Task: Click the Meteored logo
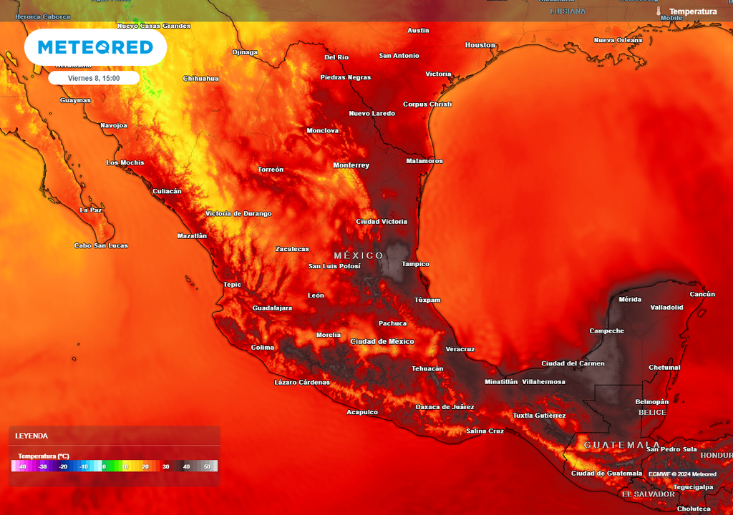coord(95,47)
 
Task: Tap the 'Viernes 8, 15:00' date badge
coord(94,77)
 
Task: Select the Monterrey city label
coord(351,165)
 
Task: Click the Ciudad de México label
coord(382,341)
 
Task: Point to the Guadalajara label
coord(272,308)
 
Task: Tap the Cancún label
coord(702,294)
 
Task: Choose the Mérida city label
coord(630,299)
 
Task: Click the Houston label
coord(480,45)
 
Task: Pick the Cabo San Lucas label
coord(101,245)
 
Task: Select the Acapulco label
coord(361,412)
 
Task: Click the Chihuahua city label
coord(200,78)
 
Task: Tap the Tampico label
coord(415,264)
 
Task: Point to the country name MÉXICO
coord(359,255)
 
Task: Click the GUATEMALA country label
coord(621,445)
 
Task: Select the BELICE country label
coord(652,412)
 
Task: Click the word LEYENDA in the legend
coord(31,436)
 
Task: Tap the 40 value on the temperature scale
coord(186,466)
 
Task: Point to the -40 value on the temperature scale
coord(22,466)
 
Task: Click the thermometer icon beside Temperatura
coord(658,11)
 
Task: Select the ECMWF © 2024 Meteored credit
coord(682,474)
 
